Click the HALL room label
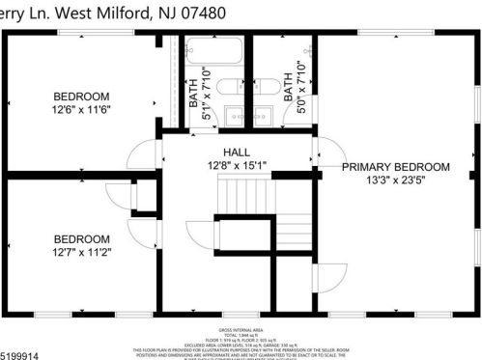click(237, 152)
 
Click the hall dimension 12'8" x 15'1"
click(237, 165)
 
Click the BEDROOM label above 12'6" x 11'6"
click(81, 97)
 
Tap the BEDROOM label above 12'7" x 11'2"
click(81, 238)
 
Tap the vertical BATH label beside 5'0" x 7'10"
click(289, 83)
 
